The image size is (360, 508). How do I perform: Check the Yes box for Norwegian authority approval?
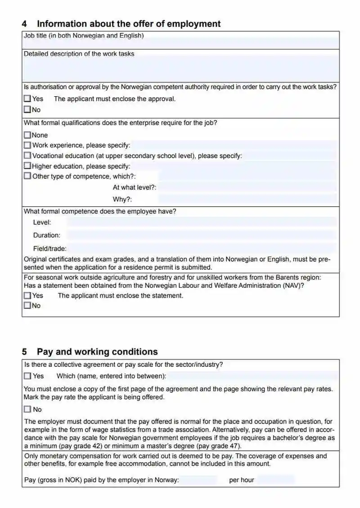(27, 98)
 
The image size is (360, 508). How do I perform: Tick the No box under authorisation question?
(27, 109)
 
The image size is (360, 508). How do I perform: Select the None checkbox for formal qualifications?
(27, 135)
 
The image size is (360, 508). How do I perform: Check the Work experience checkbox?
(27, 145)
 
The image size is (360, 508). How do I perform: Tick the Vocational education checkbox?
(27, 156)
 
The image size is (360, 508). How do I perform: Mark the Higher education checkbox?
(27, 166)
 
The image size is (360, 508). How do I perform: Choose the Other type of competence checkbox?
(27, 176)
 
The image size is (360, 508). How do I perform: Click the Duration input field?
(200, 235)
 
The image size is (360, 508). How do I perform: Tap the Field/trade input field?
(202, 248)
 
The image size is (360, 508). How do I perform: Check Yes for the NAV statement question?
(27, 295)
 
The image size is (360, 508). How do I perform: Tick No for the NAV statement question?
(27, 306)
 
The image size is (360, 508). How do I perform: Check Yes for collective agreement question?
(27, 376)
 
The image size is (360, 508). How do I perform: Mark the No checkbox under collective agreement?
(27, 409)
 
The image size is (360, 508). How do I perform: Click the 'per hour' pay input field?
(275, 480)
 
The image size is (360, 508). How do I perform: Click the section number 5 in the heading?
(25, 352)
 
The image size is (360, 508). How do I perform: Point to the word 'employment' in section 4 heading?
(193, 24)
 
